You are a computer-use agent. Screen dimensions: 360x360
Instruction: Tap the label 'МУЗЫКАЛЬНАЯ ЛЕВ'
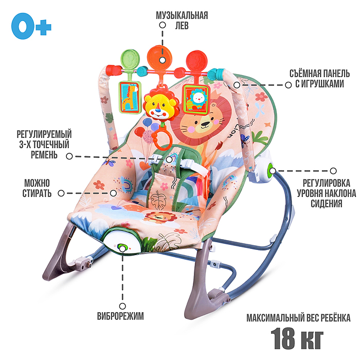182,20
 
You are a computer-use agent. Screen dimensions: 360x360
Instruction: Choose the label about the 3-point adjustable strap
43,144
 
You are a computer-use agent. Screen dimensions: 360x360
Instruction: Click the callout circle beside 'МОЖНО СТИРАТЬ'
61,193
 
